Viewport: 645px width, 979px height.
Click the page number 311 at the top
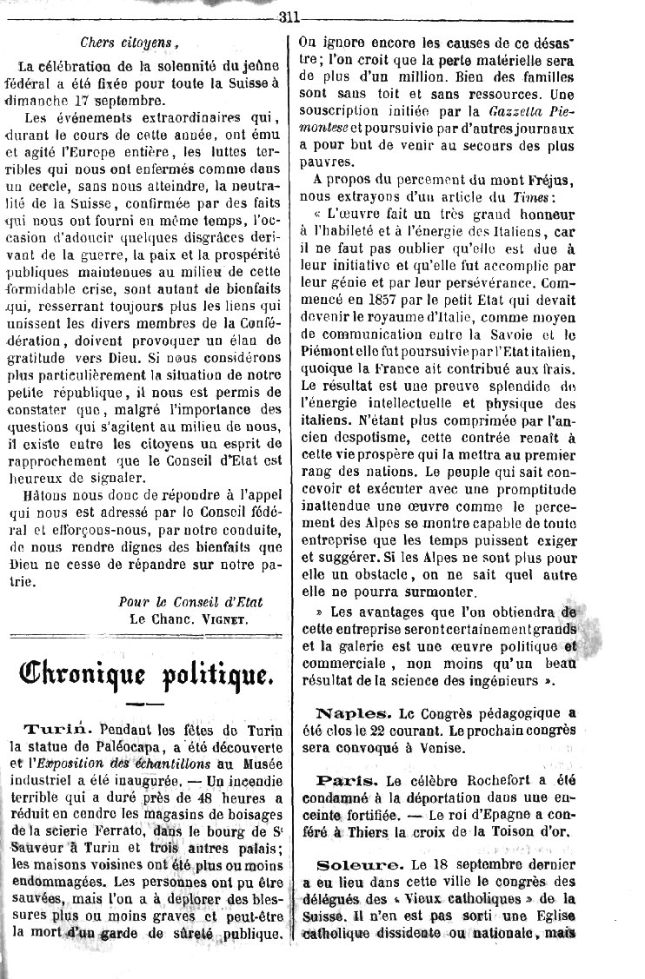(288, 17)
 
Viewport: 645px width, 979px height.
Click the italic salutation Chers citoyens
(129, 42)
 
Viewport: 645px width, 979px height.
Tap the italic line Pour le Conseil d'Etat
(190, 601)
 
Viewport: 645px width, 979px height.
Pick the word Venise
(476, 746)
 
